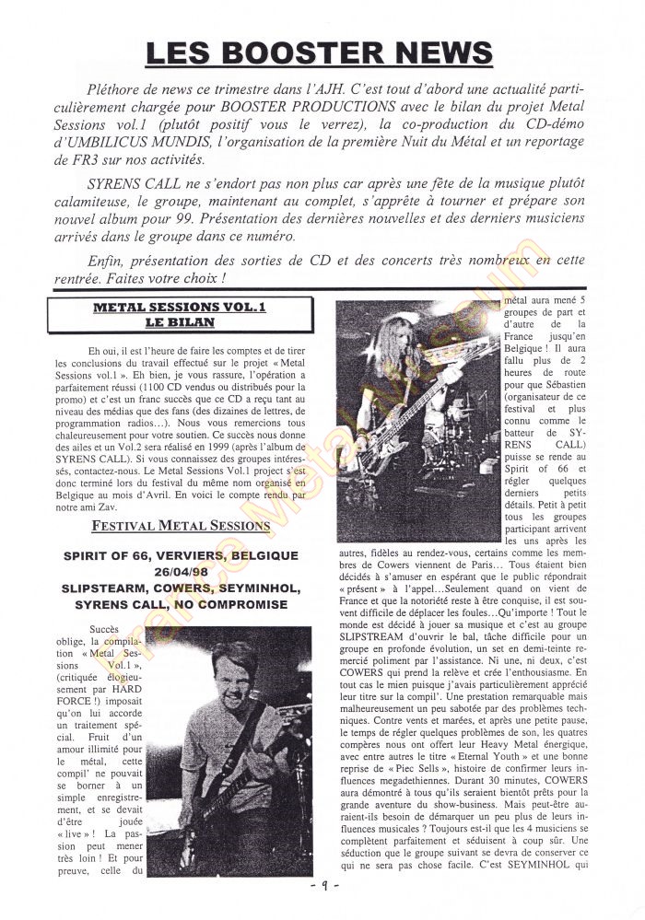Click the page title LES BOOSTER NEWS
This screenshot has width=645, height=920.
320,52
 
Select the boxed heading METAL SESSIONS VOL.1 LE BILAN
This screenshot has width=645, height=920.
167,315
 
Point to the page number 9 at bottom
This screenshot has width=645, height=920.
322,886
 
